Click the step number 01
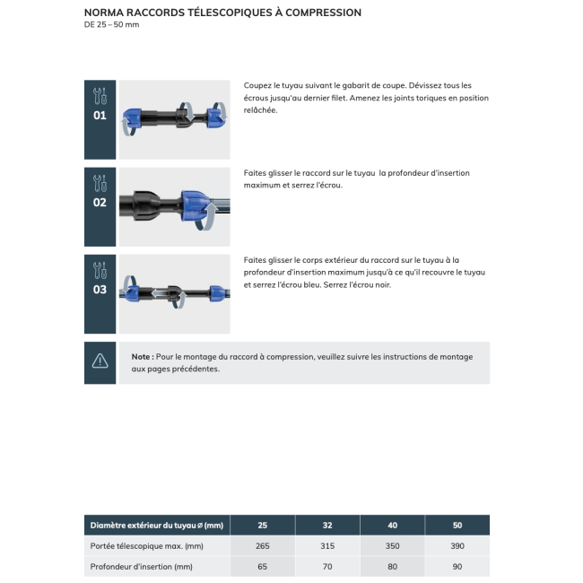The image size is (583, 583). tap(100, 116)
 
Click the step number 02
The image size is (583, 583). tap(100, 203)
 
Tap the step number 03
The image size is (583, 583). tap(100, 290)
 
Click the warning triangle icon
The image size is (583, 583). tap(100, 362)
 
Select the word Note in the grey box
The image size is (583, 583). tap(141, 356)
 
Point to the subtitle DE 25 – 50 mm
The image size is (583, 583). tap(111, 24)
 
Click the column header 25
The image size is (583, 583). tap(262, 525)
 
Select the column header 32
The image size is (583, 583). tap(326, 525)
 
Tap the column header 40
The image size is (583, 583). tap(392, 525)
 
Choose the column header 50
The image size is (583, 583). tap(457, 525)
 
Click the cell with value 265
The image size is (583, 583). tap(262, 545)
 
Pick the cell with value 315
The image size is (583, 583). tap(326, 545)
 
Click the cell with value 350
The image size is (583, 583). tap(392, 545)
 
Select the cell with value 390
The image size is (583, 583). tap(457, 545)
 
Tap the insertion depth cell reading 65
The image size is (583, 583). tap(262, 566)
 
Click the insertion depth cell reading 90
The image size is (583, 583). tap(457, 566)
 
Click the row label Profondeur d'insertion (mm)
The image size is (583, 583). tap(141, 566)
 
